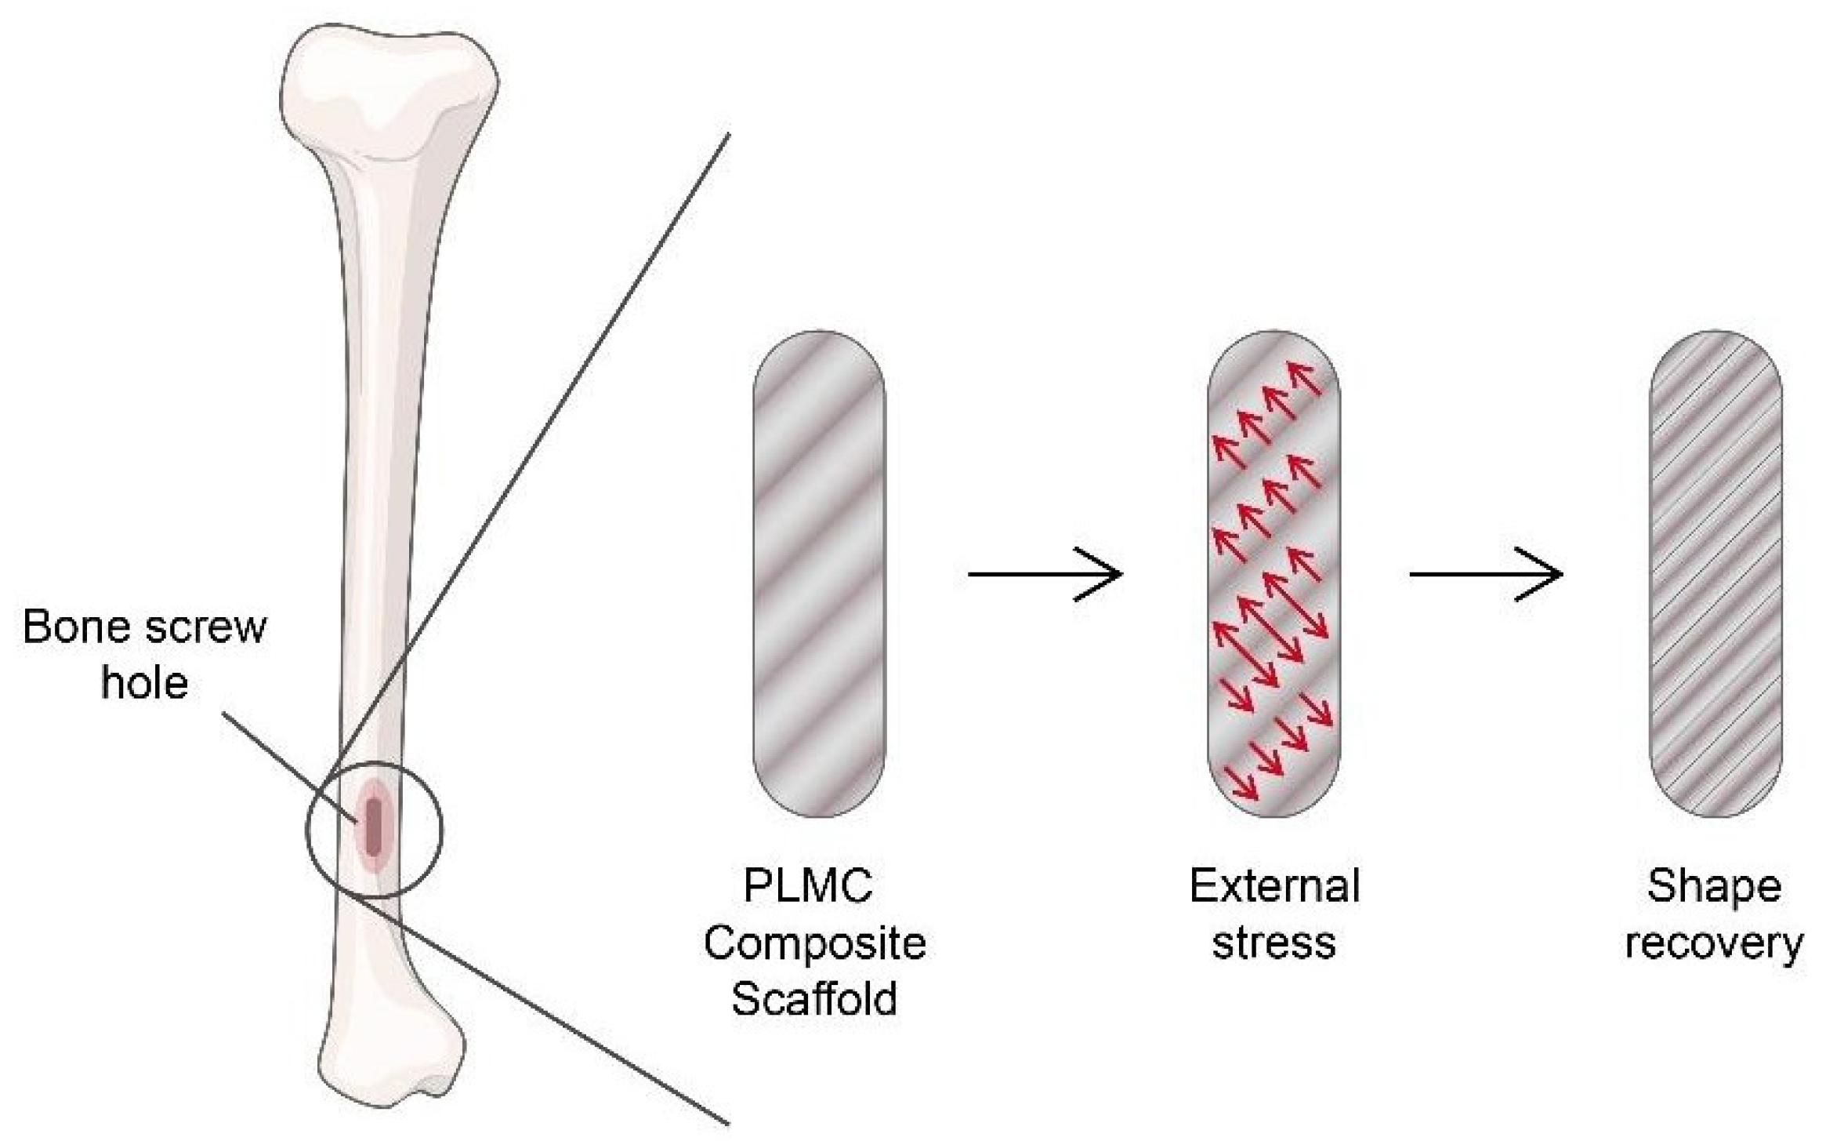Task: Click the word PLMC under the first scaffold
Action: tap(807, 887)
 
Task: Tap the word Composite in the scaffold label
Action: tap(814, 943)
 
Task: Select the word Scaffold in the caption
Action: tap(814, 999)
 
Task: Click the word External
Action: tap(1274, 887)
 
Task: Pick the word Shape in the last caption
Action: tap(1714, 887)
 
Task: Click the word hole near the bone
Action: tap(144, 683)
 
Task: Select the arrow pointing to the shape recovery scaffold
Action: tap(1486, 574)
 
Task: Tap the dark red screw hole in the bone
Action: tap(374, 827)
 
